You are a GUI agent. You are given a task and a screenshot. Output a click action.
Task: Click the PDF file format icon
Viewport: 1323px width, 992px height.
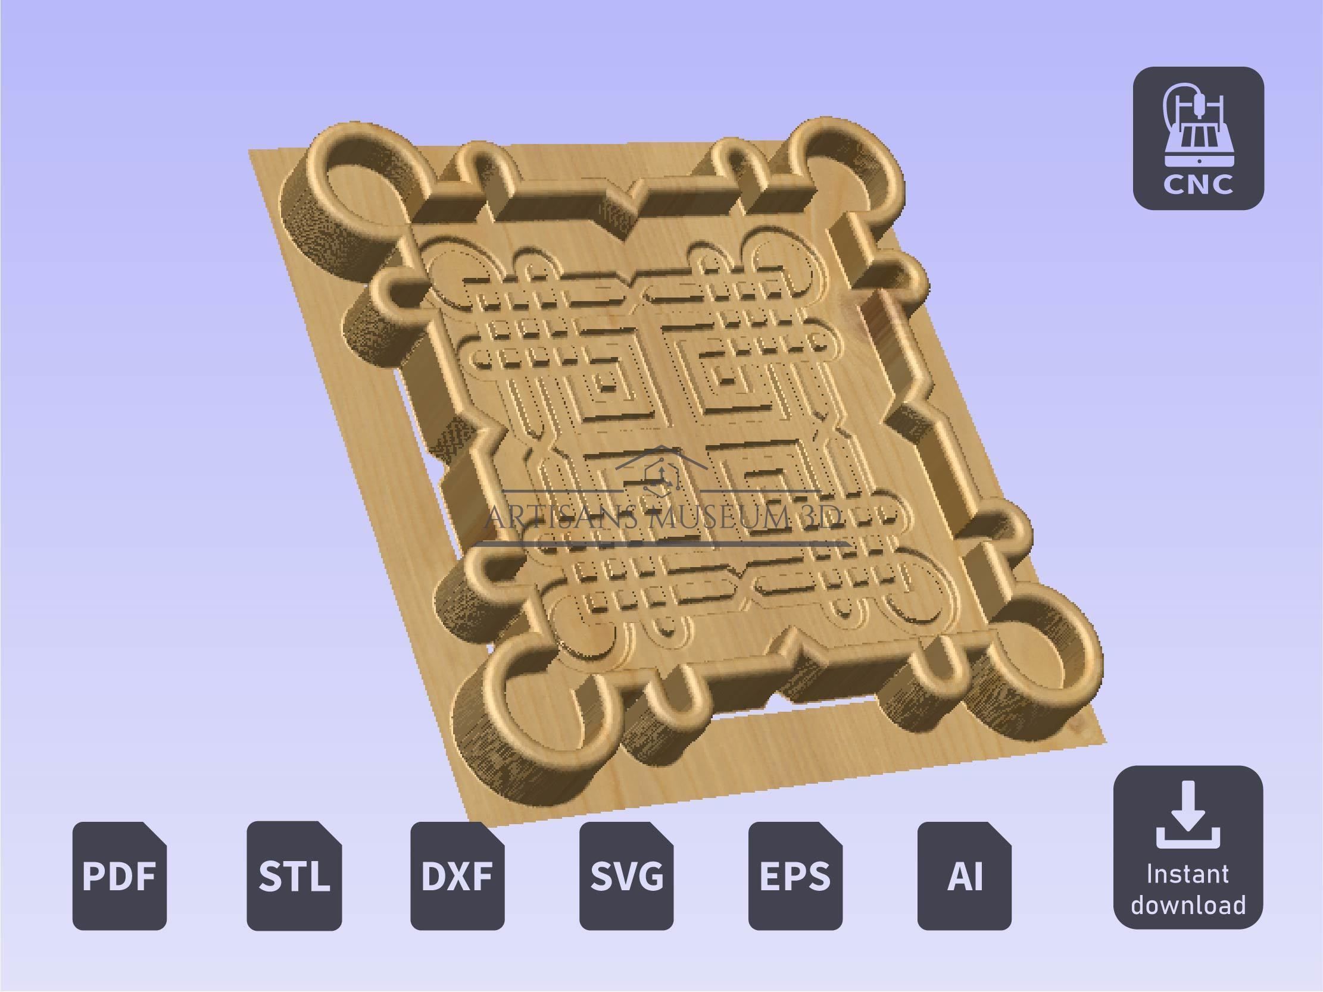pyautogui.click(x=120, y=875)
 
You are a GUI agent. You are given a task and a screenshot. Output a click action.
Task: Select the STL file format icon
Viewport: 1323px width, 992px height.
pyautogui.click(x=294, y=875)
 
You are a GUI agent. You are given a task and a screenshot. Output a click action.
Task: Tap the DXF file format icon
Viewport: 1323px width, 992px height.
pyautogui.click(x=457, y=875)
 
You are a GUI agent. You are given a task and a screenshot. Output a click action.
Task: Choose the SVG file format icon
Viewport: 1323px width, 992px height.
pyautogui.click(x=626, y=875)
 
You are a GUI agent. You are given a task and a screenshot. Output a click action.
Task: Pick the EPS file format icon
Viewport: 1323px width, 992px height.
pyautogui.click(x=795, y=875)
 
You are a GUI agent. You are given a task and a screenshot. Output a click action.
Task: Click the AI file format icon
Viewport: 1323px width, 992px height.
pyautogui.click(x=964, y=875)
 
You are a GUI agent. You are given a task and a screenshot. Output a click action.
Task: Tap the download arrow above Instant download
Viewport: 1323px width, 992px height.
pyautogui.click(x=1187, y=816)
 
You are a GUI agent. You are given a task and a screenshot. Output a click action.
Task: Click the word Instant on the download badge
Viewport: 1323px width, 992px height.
pyautogui.click(x=1187, y=874)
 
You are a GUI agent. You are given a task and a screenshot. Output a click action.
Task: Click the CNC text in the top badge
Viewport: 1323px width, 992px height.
pyautogui.click(x=1198, y=184)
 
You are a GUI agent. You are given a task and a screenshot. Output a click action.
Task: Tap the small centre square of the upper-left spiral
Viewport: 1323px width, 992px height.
pyautogui.click(x=609, y=387)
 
